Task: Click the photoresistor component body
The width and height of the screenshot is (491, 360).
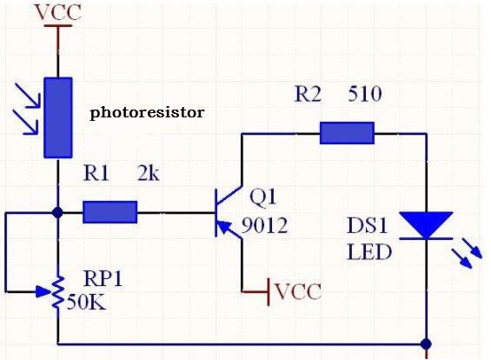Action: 58,117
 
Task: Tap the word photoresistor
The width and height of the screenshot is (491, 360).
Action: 147,113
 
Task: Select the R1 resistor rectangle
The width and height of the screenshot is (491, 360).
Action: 110,211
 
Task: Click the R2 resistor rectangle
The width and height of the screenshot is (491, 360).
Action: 347,133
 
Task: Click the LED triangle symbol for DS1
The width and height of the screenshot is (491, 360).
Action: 426,224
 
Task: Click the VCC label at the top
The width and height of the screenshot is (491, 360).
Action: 58,12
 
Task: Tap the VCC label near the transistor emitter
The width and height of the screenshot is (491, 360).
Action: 297,290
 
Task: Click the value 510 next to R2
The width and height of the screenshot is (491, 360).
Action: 364,94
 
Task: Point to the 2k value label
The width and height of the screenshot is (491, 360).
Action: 149,174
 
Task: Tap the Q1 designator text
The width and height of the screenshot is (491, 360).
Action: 262,196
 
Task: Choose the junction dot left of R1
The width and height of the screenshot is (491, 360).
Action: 58,211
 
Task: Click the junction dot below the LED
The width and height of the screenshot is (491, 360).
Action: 426,343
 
